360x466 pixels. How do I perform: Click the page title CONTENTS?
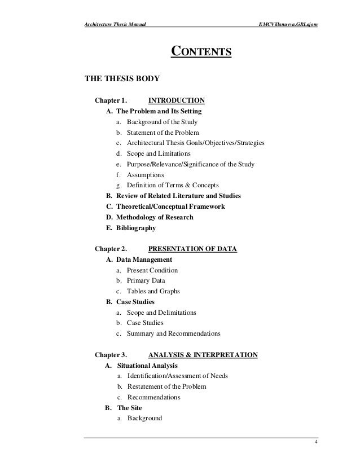pyautogui.click(x=201, y=53)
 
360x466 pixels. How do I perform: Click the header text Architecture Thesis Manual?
pyautogui.click(x=117, y=23)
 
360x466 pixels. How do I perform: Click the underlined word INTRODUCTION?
pyautogui.click(x=176, y=101)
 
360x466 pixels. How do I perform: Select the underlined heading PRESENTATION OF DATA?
pyautogui.click(x=192, y=248)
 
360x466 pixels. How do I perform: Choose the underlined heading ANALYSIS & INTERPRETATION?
pyautogui.click(x=203, y=355)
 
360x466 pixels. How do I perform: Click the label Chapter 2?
pyautogui.click(x=111, y=248)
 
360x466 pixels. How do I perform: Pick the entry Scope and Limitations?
pyautogui.click(x=159, y=153)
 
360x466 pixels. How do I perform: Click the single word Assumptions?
pyautogui.click(x=146, y=175)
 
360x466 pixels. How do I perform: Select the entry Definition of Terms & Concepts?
pyautogui.click(x=173, y=185)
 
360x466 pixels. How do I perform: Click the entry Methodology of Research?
pyautogui.click(x=155, y=217)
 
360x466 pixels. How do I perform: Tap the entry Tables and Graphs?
pyautogui.click(x=153, y=291)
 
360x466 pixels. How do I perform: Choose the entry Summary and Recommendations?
pyautogui.click(x=173, y=333)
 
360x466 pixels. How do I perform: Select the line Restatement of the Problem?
pyautogui.click(x=166, y=386)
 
